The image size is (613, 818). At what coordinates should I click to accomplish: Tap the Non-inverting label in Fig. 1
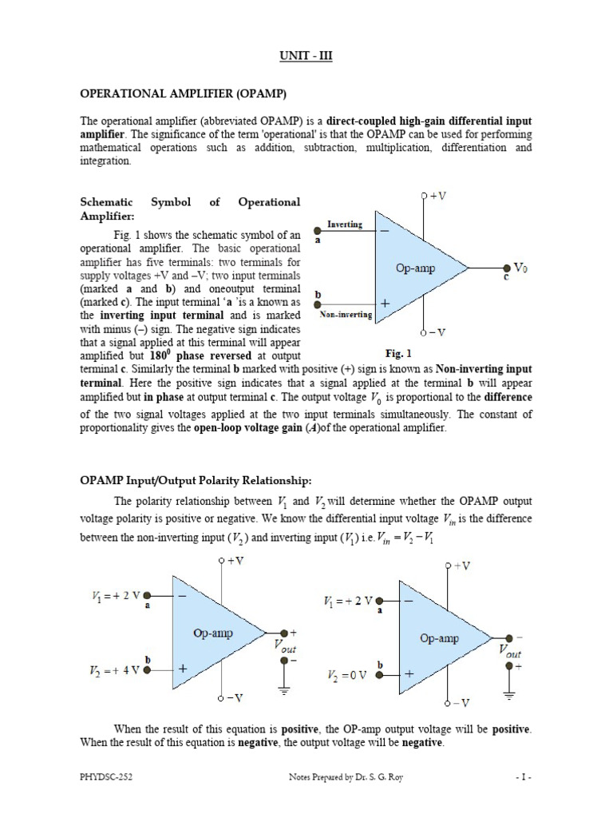[x=346, y=315]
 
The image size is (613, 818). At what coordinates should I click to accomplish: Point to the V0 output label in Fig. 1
[x=520, y=268]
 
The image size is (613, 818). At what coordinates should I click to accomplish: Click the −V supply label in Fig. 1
[x=435, y=332]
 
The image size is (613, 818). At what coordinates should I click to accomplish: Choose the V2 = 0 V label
[x=347, y=675]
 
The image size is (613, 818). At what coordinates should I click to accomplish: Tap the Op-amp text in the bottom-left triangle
[x=213, y=633]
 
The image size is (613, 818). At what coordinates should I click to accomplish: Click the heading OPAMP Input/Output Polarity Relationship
[x=195, y=480]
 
